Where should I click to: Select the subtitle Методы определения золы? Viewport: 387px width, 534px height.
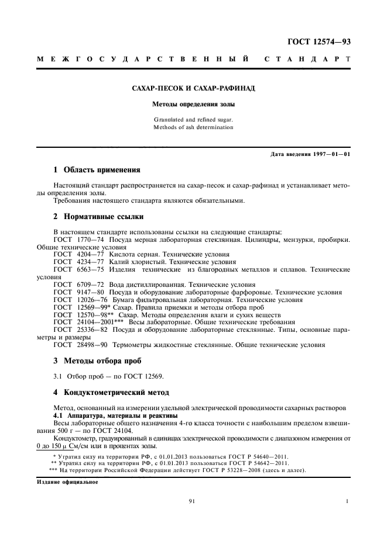[193, 106]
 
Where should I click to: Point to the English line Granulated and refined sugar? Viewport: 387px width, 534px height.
[193, 120]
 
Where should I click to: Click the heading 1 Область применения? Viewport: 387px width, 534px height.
[97, 171]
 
